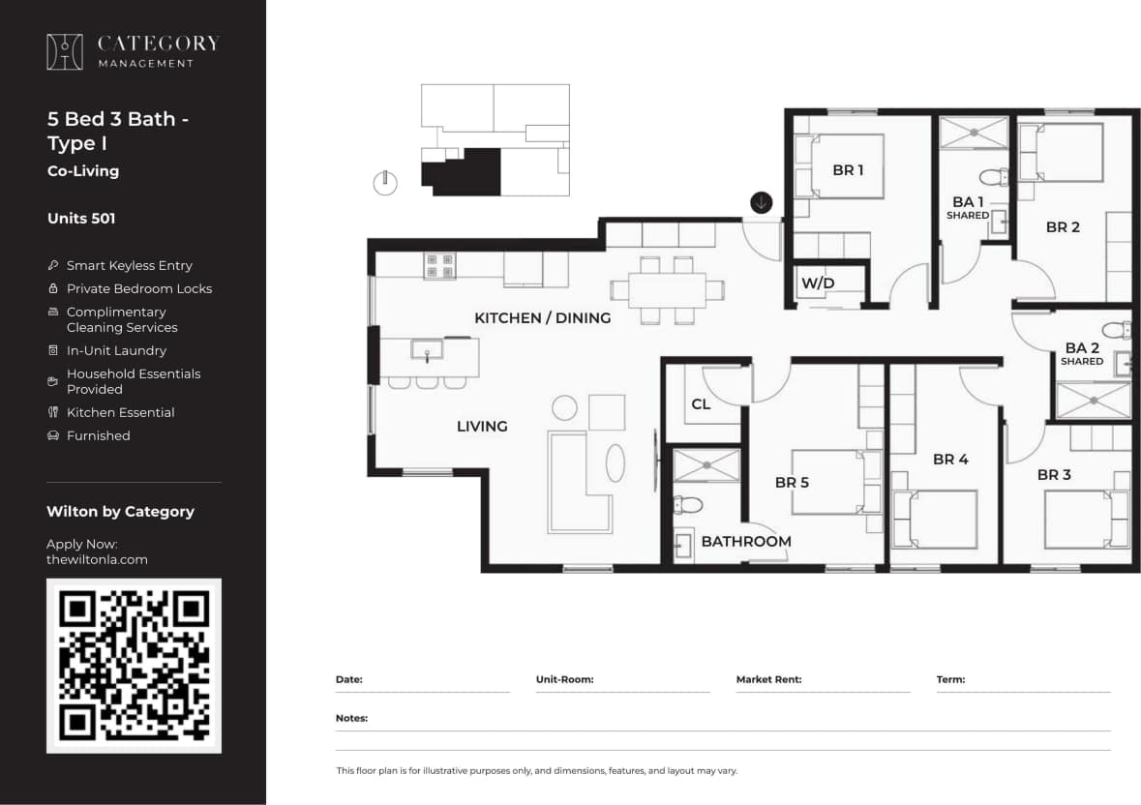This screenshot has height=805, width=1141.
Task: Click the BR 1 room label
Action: tap(848, 170)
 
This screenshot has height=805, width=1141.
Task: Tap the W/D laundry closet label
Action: tap(817, 283)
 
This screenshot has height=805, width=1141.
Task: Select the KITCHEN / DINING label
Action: tap(542, 317)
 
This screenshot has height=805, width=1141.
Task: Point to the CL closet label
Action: tap(701, 404)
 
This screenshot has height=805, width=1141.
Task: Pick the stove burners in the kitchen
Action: tap(439, 265)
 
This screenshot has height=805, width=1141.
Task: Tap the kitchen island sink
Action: tap(427, 349)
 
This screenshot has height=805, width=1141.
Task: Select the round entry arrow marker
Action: tap(762, 202)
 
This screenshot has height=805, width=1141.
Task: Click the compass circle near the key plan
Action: tap(385, 183)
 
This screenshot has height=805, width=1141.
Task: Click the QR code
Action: tap(134, 666)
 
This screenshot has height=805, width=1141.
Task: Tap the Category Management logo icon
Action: tap(65, 52)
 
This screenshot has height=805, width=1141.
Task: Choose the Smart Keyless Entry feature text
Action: tap(129, 265)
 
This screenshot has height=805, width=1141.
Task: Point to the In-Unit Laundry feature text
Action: tap(116, 350)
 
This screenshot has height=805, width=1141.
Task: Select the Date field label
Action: tap(348, 679)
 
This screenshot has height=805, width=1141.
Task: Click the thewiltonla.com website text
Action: tap(97, 559)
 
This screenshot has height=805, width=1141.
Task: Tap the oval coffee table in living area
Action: tap(616, 462)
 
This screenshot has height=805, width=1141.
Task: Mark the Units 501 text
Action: tap(81, 219)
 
